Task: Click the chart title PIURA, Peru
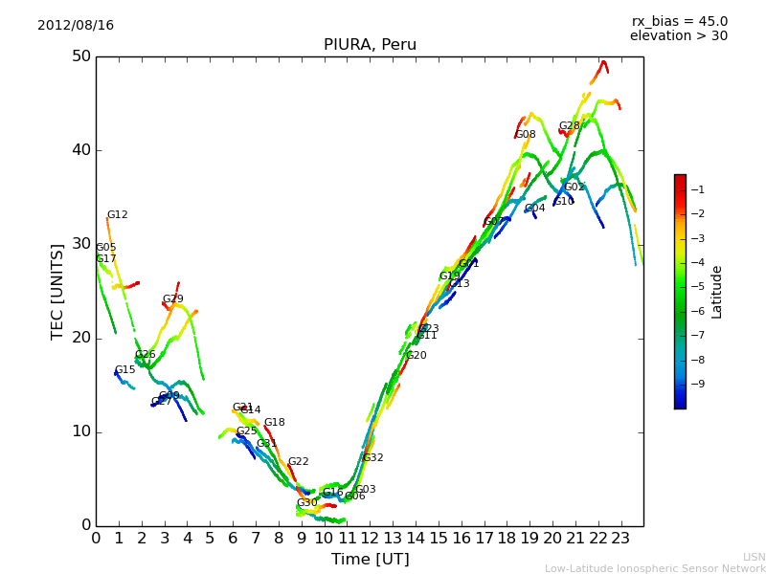[370, 45]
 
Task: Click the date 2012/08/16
[76, 25]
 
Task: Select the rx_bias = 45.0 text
[679, 21]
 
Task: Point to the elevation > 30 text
[678, 36]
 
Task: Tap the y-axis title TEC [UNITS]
[57, 291]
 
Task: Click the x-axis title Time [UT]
[370, 560]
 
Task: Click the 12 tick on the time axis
[370, 539]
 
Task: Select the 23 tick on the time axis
[620, 539]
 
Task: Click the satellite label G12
[117, 215]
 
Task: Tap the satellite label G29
[172, 299]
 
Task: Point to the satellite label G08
[526, 135]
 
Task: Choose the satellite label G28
[569, 126]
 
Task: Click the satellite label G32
[372, 458]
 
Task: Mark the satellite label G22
[298, 462]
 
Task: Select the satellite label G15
[124, 370]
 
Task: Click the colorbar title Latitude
[717, 292]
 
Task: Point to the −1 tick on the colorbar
[697, 189]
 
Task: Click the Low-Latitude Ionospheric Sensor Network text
[655, 569]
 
